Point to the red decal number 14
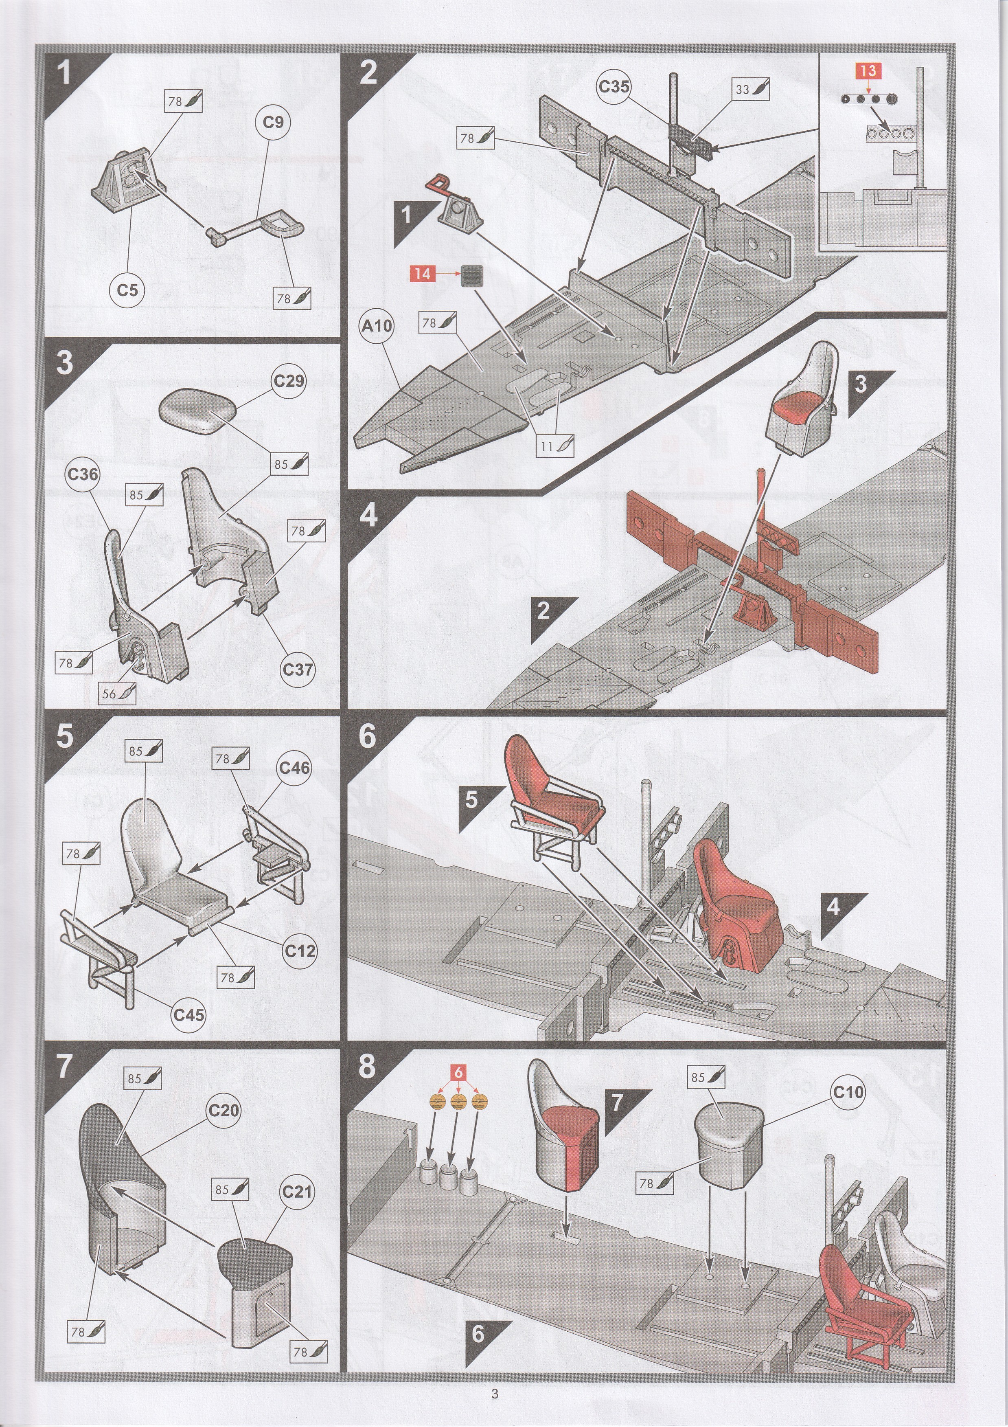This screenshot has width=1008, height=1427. point(423,273)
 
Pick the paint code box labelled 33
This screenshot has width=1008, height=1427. point(751,90)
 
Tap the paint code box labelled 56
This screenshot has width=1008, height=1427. point(117,694)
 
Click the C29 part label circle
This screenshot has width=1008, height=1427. point(289,380)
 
